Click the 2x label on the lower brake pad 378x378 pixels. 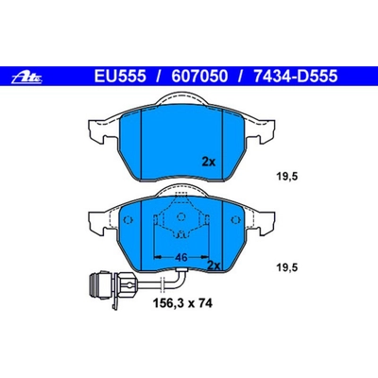click(x=215, y=266)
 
